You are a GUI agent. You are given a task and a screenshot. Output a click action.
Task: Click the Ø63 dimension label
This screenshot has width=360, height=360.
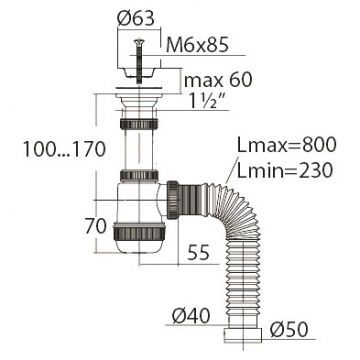[136, 19]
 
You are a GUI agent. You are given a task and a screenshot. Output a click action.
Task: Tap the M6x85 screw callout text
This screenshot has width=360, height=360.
[197, 45]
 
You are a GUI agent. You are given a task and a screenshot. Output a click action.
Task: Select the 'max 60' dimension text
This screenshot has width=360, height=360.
[218, 80]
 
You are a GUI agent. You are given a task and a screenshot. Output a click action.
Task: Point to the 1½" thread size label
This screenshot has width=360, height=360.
[209, 101]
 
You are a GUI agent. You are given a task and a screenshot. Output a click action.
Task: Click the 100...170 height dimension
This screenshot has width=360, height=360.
[64, 149]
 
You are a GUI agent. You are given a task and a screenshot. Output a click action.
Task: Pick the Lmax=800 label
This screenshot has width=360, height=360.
[286, 145]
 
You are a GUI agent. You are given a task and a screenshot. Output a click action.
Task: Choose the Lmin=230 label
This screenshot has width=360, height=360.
[285, 170]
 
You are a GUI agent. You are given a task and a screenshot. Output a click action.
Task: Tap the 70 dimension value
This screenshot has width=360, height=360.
[95, 226]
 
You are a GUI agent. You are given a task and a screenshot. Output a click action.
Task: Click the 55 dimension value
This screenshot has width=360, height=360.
[199, 252]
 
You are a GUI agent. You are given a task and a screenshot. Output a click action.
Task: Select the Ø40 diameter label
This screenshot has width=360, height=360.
[191, 316]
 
